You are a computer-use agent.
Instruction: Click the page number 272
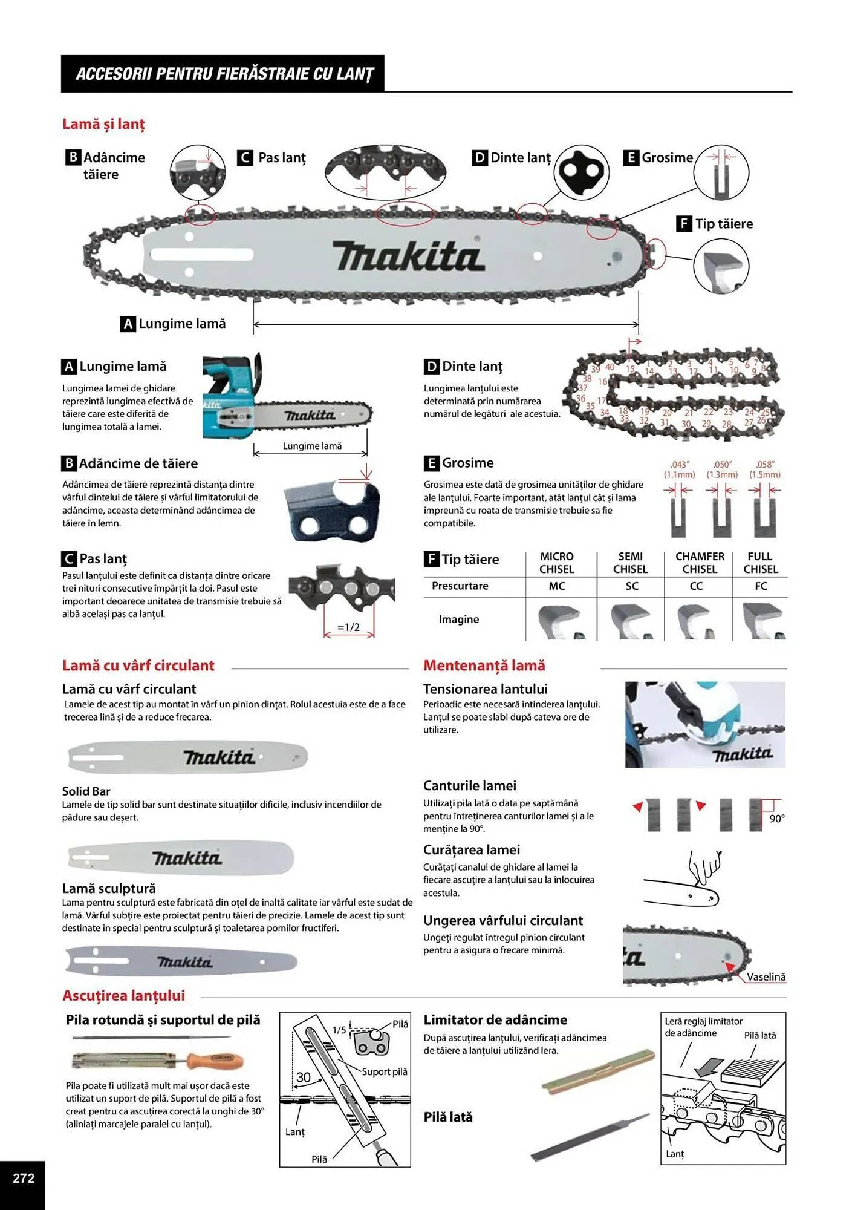pyautogui.click(x=24, y=1178)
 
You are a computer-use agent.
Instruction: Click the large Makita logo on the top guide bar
pyautogui.click(x=409, y=257)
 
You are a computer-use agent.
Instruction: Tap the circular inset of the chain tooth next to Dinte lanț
pyautogui.click(x=581, y=172)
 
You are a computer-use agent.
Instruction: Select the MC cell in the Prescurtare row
pyautogui.click(x=556, y=586)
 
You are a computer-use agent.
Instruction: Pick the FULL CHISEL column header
pyautogui.click(x=760, y=563)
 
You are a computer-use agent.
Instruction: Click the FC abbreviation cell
pyautogui.click(x=761, y=586)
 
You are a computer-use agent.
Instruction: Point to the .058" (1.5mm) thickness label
pyautogui.click(x=765, y=469)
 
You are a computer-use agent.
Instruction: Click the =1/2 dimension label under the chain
pyautogui.click(x=349, y=627)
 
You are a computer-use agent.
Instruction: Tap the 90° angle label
pyautogui.click(x=777, y=819)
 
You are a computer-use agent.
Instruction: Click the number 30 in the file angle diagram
pyautogui.click(x=304, y=1078)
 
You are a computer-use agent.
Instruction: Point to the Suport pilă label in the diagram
pyautogui.click(x=385, y=1071)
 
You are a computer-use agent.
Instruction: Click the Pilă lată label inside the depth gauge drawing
pyautogui.click(x=759, y=1035)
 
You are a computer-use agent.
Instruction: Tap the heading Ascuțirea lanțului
pyautogui.click(x=123, y=995)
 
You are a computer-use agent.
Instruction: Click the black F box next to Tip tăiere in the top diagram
pyautogui.click(x=683, y=224)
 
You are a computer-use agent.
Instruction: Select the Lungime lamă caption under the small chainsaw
pyautogui.click(x=312, y=446)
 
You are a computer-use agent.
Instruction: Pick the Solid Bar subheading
pyautogui.click(x=86, y=791)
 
